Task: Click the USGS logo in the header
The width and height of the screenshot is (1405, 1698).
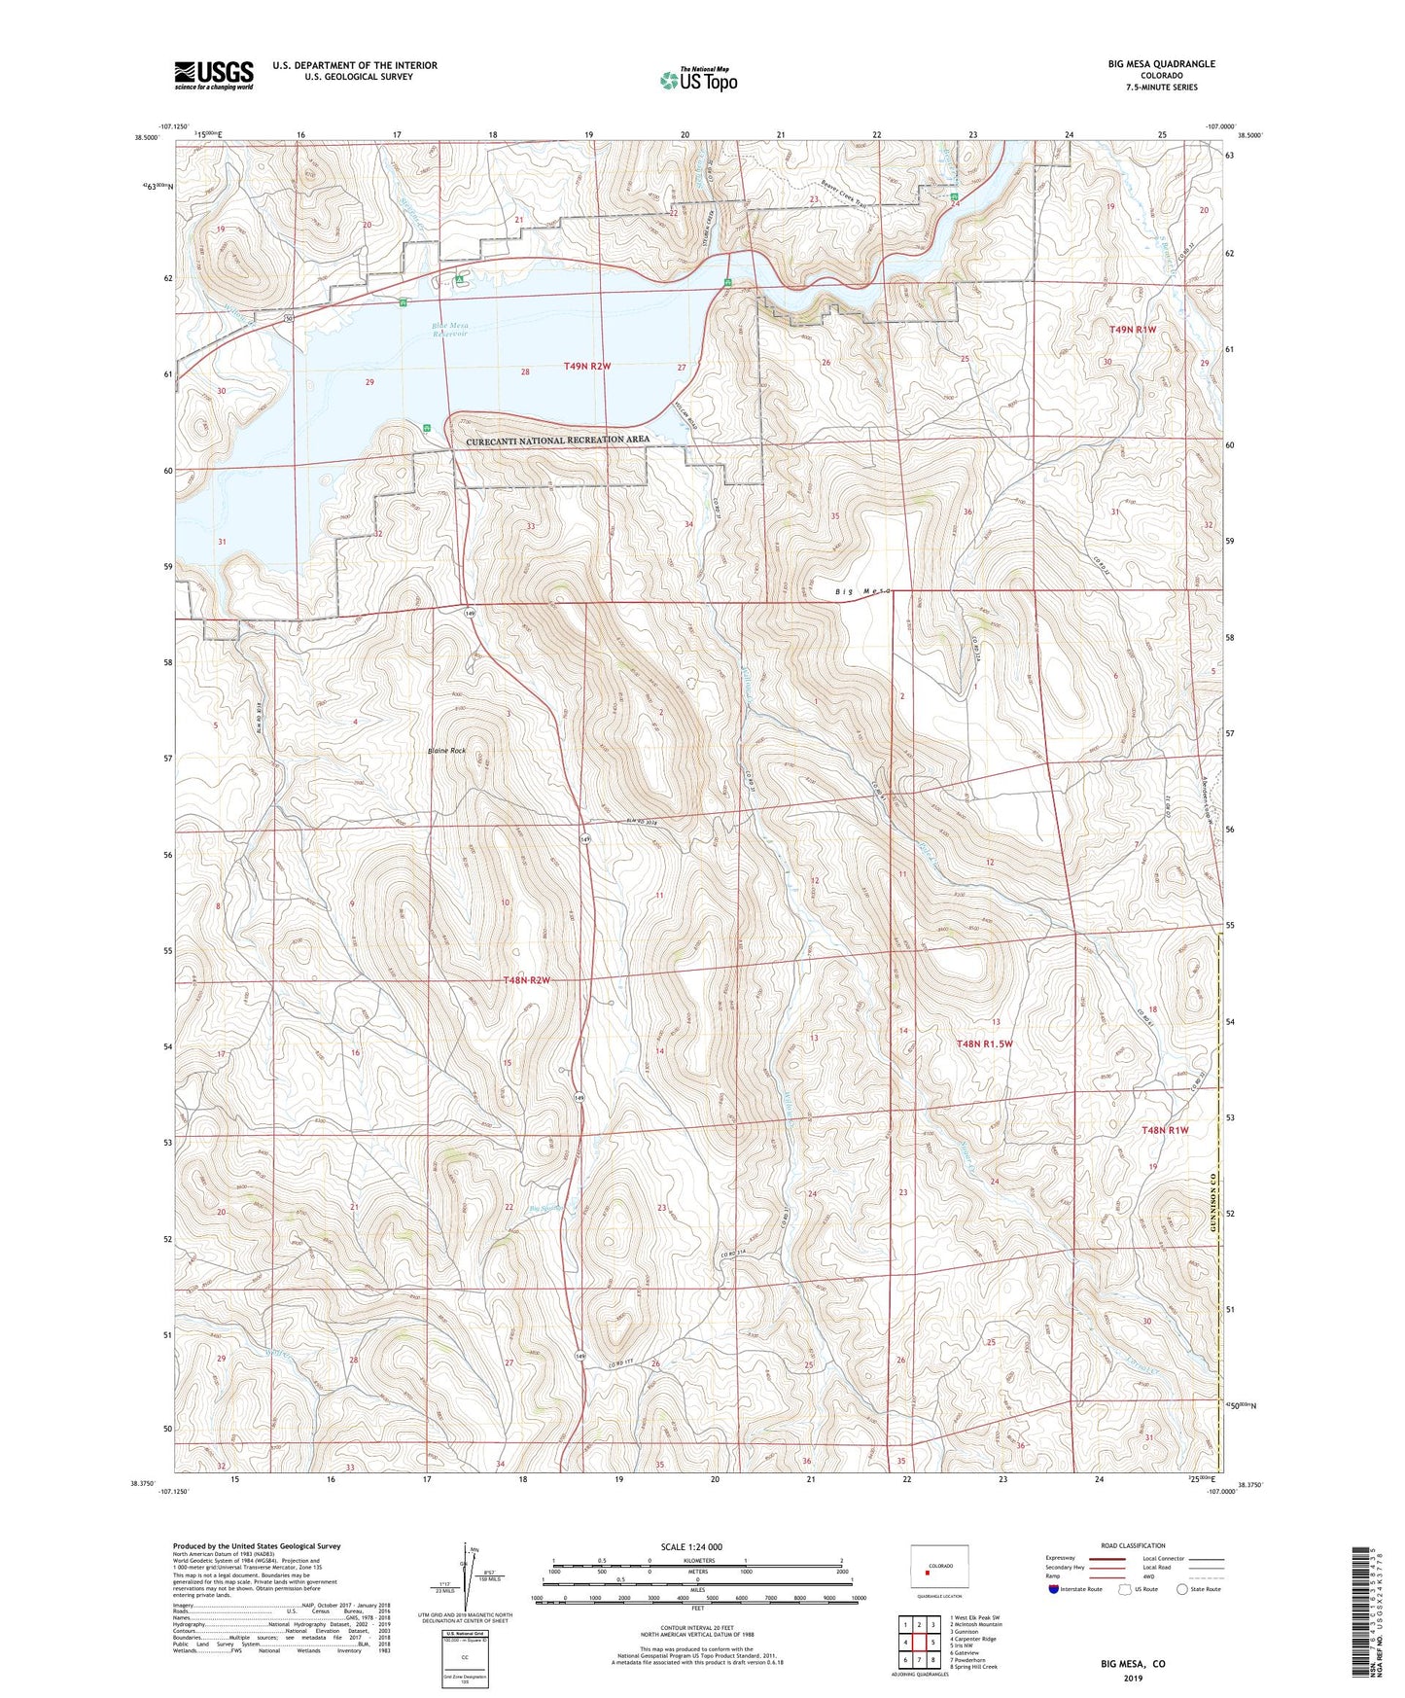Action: pos(214,74)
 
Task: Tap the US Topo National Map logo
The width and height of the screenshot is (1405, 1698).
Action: pos(698,80)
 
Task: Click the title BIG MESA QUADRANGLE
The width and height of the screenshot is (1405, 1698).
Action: pos(1161,64)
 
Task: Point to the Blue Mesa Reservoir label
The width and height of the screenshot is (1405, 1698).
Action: pos(450,330)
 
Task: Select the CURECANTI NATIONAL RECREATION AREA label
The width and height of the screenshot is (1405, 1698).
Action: pos(557,441)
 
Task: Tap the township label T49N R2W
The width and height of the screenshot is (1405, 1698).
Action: pos(587,366)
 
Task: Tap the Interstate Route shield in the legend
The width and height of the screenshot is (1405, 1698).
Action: pos(1056,1589)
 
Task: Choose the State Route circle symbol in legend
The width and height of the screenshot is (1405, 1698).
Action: pos(1181,1589)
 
